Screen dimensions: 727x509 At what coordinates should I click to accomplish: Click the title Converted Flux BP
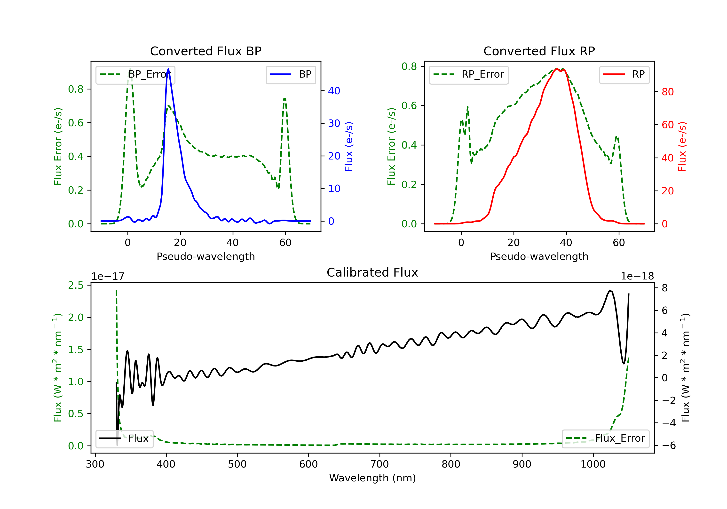[x=205, y=51]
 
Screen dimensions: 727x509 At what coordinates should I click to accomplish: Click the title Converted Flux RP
[x=539, y=51]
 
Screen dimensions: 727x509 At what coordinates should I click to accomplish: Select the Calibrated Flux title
[x=372, y=272]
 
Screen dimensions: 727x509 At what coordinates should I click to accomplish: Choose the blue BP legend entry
[x=291, y=74]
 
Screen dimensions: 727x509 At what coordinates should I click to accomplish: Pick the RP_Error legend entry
[x=469, y=74]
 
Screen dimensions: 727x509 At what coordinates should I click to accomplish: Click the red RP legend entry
[x=624, y=74]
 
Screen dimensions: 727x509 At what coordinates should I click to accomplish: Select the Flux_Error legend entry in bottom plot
[x=605, y=438]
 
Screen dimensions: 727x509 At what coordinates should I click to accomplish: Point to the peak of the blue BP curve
[x=168, y=69]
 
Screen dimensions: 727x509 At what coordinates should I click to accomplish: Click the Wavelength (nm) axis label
[x=372, y=478]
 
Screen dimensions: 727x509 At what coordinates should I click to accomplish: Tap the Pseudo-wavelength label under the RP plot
[x=539, y=256]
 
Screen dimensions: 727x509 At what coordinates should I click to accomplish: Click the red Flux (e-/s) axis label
[x=682, y=146]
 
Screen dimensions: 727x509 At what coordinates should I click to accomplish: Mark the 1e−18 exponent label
[x=637, y=276]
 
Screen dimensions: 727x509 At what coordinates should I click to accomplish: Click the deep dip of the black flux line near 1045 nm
[x=624, y=363]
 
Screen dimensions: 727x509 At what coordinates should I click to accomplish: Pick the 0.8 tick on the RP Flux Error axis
[x=409, y=66]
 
